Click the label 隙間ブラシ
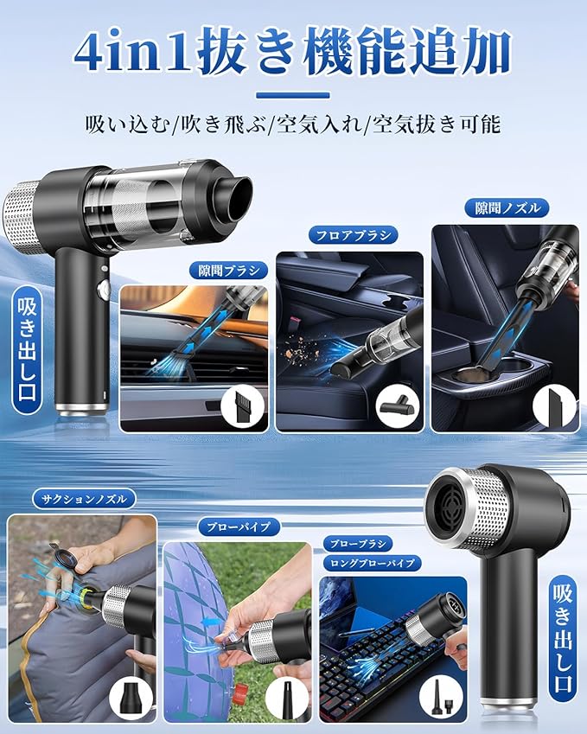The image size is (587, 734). pos(228,271)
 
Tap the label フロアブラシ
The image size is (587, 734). pos(354,235)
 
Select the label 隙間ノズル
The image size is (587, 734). pos(507,208)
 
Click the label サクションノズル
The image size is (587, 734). pos(84,499)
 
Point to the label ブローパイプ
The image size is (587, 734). pos(239,527)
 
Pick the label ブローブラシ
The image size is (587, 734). pos(358,544)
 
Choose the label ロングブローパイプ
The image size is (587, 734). pos(373,563)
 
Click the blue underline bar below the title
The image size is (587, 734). pos(293,95)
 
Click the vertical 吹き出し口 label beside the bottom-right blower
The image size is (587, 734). pos(562,639)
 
